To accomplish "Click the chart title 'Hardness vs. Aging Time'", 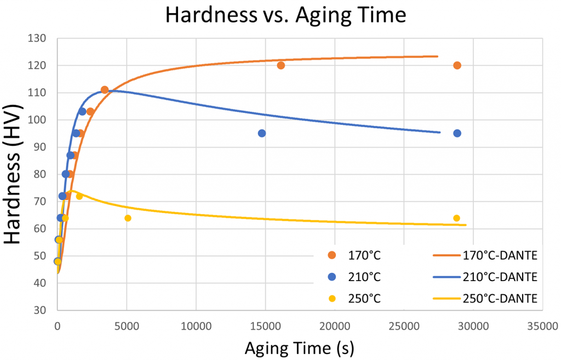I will pos(285,15).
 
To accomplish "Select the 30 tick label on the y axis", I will pos(41,310).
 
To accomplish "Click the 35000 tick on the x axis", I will pos(542,326).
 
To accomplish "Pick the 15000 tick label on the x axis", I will pos(265,326).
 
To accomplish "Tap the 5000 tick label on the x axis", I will pos(127,326).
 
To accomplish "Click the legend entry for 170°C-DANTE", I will pos(483,255).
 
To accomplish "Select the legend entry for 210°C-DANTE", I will pos(483,277).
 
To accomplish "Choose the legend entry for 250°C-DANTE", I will pos(483,298).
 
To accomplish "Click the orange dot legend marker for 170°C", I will pos(331,255).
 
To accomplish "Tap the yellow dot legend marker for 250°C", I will pos(331,298).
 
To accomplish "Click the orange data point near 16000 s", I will pos(281,66).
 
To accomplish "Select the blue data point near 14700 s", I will pos(262,133).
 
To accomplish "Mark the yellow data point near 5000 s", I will pos(128,218).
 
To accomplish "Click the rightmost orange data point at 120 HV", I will pos(457,66).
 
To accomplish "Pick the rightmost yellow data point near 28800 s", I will pos(456,218).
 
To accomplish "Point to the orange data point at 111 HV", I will pos(105,90).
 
